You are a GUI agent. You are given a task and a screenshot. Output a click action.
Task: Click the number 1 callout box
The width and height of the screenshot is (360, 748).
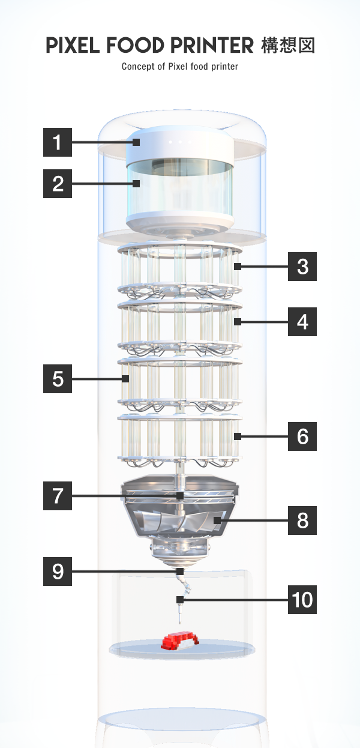[58, 142]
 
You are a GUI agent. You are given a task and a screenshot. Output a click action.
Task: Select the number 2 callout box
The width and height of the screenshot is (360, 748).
[58, 184]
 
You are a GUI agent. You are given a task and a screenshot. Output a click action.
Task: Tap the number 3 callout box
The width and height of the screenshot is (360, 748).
[302, 267]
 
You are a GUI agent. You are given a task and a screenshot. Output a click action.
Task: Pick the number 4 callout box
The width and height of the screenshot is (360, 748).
[302, 322]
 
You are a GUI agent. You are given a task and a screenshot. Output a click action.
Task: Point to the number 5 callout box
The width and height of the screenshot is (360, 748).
[58, 379]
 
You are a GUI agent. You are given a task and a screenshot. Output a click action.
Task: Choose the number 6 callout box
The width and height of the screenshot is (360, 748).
[302, 436]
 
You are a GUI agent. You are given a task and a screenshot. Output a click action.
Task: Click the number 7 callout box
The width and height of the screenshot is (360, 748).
[58, 496]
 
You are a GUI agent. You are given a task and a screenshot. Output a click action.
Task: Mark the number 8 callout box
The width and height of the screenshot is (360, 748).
[302, 520]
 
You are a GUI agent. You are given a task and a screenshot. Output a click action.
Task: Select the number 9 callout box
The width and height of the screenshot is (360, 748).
[58, 572]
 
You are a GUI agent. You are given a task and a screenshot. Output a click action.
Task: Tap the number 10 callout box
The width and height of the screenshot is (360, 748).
[302, 600]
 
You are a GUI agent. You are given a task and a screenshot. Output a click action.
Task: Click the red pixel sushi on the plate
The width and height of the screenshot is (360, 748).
[180, 641]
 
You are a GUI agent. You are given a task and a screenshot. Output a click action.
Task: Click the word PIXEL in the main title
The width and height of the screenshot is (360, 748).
[73, 46]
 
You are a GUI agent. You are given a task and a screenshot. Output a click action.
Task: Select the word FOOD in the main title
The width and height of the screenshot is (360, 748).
[135, 46]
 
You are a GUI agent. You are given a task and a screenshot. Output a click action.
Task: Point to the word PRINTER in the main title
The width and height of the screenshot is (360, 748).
[212, 46]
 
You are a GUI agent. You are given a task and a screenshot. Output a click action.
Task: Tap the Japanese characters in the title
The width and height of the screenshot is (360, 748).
[288, 46]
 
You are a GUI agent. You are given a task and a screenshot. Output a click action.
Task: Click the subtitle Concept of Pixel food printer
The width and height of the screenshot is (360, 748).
[180, 67]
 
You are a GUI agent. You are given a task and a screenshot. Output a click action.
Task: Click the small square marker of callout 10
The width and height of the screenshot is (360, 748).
[180, 600]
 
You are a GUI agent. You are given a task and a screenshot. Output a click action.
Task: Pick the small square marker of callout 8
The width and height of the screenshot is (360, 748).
[217, 520]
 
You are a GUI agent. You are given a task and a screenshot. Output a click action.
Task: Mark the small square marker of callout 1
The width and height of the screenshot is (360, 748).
[136, 142]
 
